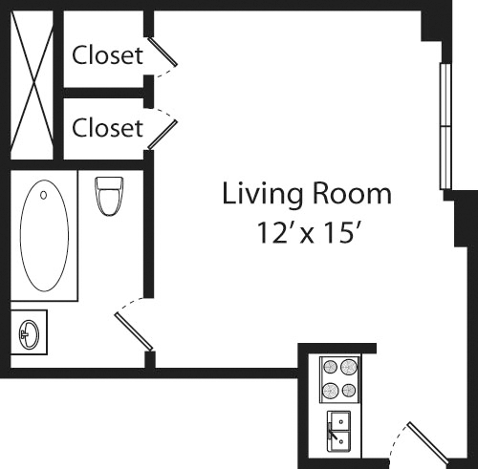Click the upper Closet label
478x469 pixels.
click(107, 55)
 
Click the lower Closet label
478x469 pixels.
click(107, 126)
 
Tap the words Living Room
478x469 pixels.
click(307, 194)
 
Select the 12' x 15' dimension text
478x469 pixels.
click(307, 232)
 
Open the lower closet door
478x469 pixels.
click(162, 129)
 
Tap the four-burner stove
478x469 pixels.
click(338, 378)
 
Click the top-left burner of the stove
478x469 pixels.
click(330, 367)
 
